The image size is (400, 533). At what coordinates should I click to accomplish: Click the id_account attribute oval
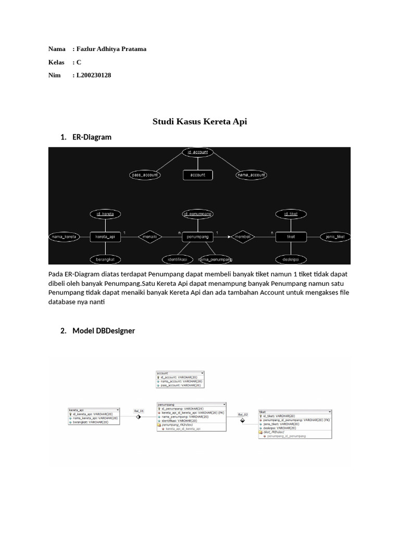point(197,152)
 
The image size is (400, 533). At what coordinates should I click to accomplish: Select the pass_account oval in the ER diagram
point(144,175)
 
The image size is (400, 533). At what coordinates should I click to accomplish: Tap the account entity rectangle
point(197,175)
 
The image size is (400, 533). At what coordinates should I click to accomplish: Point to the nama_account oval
point(251,175)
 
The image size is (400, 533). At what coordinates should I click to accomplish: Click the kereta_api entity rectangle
point(105,237)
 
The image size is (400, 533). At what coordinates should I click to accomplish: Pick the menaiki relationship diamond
point(151,237)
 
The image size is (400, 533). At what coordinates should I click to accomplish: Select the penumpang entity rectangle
point(197,237)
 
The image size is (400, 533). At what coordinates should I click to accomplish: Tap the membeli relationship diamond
point(243,237)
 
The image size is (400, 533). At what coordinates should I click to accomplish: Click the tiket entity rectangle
point(291,237)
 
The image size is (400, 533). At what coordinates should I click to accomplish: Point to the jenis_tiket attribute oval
point(335,237)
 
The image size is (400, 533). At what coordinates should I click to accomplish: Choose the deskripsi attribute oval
point(291,259)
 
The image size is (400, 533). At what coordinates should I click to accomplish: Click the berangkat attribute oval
point(105,259)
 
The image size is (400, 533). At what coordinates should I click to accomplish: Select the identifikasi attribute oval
point(178,259)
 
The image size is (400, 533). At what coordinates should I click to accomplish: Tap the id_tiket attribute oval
point(291,214)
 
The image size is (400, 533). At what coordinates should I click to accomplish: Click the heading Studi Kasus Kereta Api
point(199,122)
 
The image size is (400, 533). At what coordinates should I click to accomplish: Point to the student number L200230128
point(94,75)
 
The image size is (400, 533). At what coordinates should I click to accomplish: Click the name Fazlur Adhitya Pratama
point(111,49)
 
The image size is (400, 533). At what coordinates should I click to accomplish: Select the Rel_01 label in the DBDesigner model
point(138,411)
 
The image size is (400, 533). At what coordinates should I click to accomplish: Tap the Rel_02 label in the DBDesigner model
point(242,415)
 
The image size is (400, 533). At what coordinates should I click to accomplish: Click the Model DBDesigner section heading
point(104,331)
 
